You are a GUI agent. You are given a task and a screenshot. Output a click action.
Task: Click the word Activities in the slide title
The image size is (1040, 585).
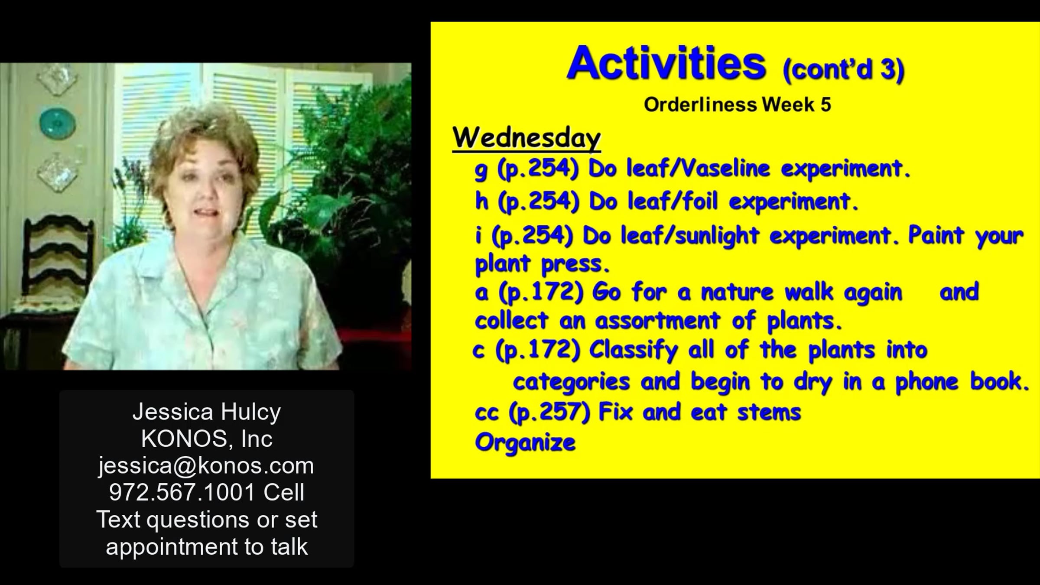point(666,64)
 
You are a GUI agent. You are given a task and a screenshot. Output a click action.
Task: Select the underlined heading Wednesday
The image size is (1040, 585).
point(526,138)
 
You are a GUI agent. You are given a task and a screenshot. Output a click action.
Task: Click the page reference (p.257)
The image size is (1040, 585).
point(549,412)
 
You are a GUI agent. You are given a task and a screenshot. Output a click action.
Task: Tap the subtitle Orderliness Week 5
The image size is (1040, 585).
point(737,104)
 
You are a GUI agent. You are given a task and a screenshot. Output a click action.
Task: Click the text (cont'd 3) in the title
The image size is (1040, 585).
point(843,69)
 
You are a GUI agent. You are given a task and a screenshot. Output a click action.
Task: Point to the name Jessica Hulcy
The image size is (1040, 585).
point(207,412)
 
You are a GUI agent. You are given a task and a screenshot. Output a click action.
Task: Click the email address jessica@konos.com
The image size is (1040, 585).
point(206,466)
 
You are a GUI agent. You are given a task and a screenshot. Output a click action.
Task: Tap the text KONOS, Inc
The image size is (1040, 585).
point(207,439)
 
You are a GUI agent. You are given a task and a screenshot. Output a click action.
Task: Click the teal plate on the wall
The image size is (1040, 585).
point(57,122)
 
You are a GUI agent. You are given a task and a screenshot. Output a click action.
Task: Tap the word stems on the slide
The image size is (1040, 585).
point(769,412)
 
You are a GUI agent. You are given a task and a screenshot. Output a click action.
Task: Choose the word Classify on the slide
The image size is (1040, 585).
point(634,350)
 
